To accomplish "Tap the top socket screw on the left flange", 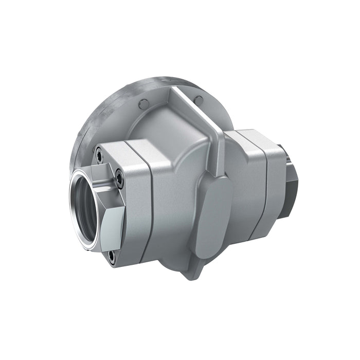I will point(99,151).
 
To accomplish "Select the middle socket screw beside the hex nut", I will point(119,178).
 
